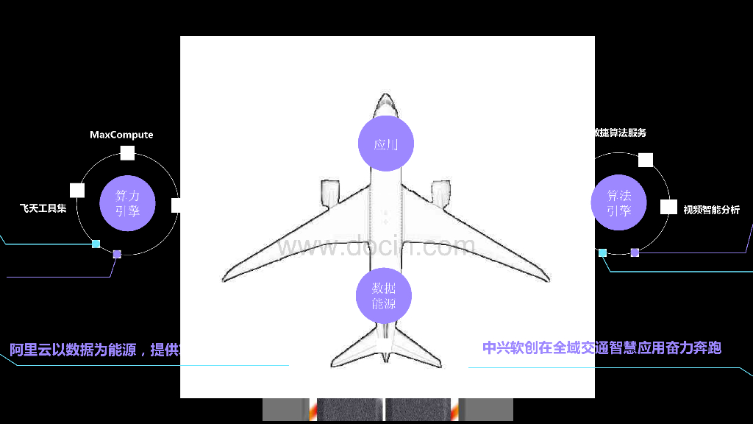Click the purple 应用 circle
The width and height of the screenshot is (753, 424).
(x=385, y=144)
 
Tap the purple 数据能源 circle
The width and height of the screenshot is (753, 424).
(x=383, y=296)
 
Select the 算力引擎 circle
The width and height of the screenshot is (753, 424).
(x=127, y=204)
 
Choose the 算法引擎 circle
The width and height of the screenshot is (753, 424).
(x=618, y=202)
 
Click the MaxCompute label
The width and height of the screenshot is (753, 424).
(x=121, y=135)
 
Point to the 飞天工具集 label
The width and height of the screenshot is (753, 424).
(x=43, y=208)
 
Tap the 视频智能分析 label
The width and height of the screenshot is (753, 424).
(x=711, y=210)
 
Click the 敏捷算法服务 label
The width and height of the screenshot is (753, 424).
(x=620, y=132)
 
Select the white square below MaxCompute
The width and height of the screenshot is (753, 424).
(x=127, y=153)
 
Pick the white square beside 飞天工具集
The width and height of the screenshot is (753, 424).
(x=77, y=191)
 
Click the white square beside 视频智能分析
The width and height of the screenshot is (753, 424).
(x=668, y=207)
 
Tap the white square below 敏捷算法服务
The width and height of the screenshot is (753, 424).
(x=646, y=160)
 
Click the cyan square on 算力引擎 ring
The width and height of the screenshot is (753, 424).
(x=96, y=244)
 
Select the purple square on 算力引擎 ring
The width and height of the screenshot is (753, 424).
(x=117, y=254)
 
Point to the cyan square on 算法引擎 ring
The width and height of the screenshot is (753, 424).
(x=602, y=252)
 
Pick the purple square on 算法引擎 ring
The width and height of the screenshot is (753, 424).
(x=635, y=252)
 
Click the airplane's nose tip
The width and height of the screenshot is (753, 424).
(x=385, y=95)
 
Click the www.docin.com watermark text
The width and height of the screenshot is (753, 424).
(x=376, y=247)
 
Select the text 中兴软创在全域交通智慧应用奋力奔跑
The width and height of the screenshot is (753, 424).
(x=602, y=347)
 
